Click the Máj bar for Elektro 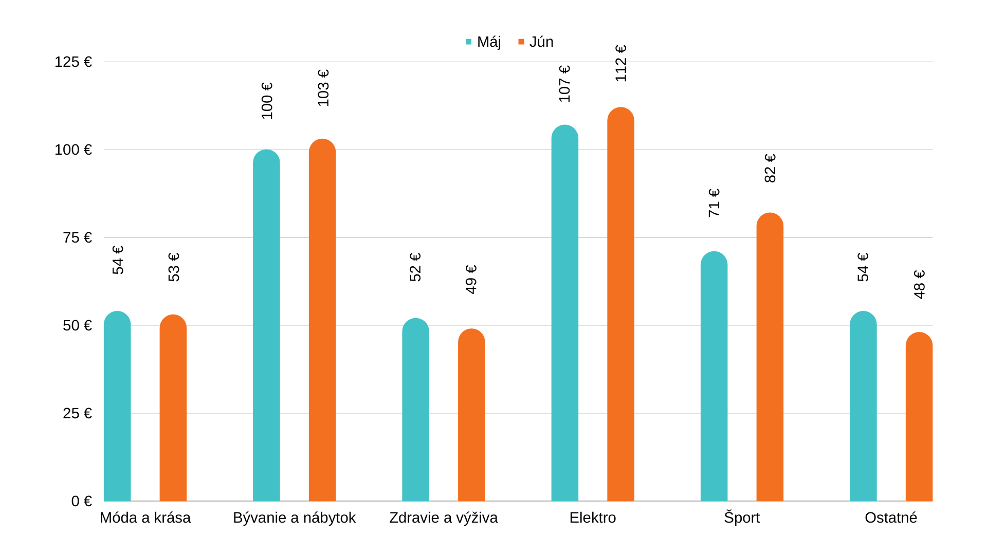click(x=564, y=313)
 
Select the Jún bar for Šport click(x=770, y=357)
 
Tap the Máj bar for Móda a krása click(x=117, y=406)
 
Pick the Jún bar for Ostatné click(x=919, y=417)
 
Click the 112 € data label click(x=621, y=63)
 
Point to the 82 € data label click(x=770, y=168)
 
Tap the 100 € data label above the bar click(x=267, y=101)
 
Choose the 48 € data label click(x=919, y=284)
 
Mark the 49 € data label click(x=471, y=280)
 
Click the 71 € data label click(x=714, y=202)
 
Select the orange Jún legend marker click(x=521, y=42)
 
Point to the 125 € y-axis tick click(x=73, y=62)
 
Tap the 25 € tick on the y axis click(x=77, y=413)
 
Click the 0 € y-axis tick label click(x=81, y=501)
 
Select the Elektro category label click(x=592, y=517)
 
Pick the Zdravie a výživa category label click(x=443, y=517)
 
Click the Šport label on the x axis click(x=741, y=517)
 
